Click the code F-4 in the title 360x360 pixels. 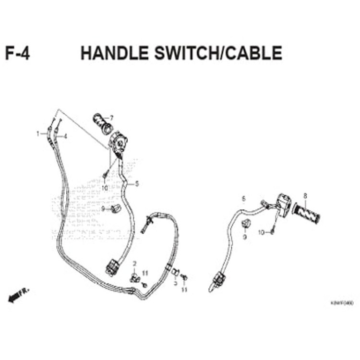pyautogui.click(x=18, y=53)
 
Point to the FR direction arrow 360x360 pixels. pyautogui.click(x=18, y=296)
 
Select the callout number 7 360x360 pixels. pyautogui.click(x=112, y=118)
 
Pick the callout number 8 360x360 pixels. pyautogui.click(x=304, y=196)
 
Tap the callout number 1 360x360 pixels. pyautogui.click(x=38, y=133)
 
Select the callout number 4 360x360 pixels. pyautogui.click(x=65, y=136)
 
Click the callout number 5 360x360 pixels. pyautogui.click(x=137, y=183)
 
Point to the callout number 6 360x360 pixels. pyautogui.click(x=243, y=198)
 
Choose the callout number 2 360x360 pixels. pyautogui.click(x=135, y=263)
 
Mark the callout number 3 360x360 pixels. pyautogui.click(x=175, y=284)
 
